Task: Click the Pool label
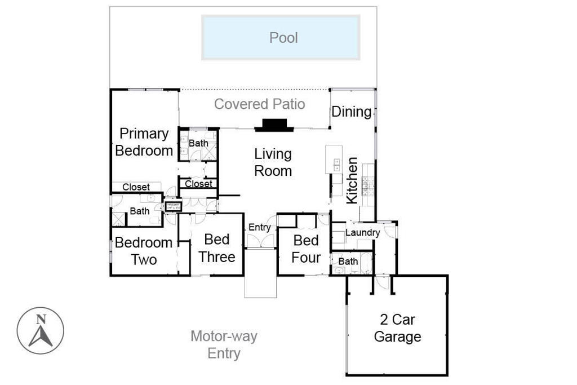283,38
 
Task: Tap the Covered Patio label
260,104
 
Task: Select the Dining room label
352,112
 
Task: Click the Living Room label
273,162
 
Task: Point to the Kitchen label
352,180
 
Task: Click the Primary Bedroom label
144,142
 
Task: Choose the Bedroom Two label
144,251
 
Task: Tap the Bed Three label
217,248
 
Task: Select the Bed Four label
307,249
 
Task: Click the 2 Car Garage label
397,329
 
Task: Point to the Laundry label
362,233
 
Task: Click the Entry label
260,228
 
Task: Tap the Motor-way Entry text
224,345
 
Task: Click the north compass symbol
41,330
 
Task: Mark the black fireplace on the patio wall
274,125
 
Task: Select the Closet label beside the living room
198,184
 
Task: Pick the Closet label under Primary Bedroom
136,187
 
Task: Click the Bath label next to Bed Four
348,262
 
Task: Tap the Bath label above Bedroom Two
140,211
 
